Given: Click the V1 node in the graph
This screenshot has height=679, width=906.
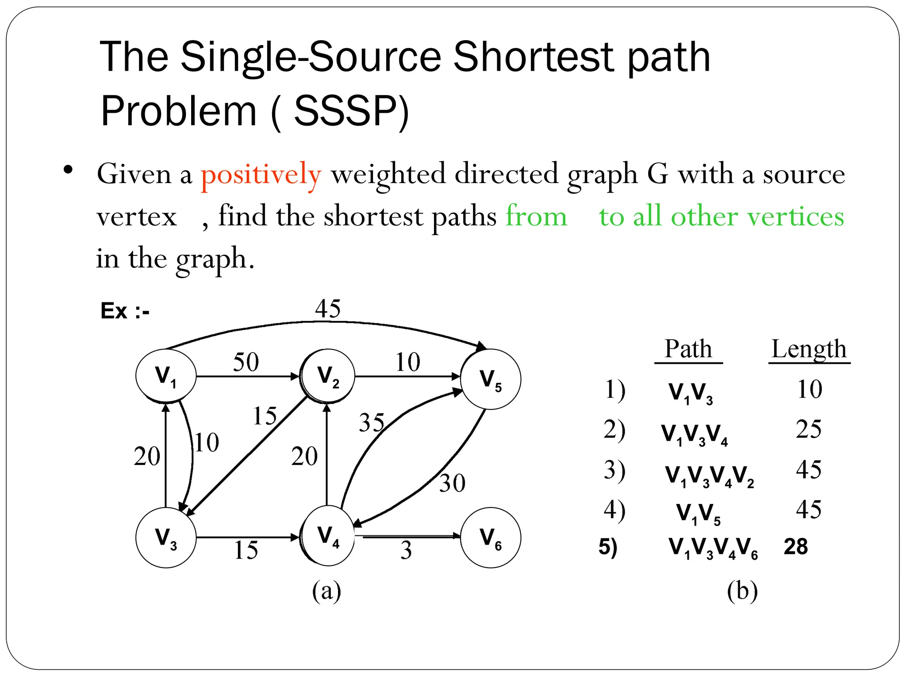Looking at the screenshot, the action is pyautogui.click(x=166, y=376).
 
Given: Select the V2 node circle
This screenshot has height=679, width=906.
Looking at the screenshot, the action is pyautogui.click(x=328, y=376).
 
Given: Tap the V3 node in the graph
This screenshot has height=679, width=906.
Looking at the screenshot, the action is pyautogui.click(x=166, y=537).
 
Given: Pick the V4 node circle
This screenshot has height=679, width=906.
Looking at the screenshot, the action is pyautogui.click(x=328, y=536).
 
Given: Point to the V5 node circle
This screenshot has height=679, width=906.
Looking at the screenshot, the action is pyautogui.click(x=490, y=379).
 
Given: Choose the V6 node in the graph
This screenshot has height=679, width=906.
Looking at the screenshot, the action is pyautogui.click(x=490, y=537).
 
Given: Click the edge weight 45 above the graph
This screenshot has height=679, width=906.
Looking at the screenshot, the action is pyautogui.click(x=328, y=308).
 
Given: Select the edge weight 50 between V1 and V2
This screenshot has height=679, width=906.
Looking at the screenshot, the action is pyautogui.click(x=246, y=362).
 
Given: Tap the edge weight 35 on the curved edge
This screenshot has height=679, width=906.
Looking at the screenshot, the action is pyautogui.click(x=372, y=423).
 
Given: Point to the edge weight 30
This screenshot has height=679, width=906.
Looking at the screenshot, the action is pyautogui.click(x=452, y=483).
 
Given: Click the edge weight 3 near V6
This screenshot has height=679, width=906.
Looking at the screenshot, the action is pyautogui.click(x=406, y=550).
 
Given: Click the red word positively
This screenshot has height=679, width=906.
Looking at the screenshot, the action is pyautogui.click(x=261, y=174).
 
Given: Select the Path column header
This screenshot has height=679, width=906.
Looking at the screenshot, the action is pyautogui.click(x=688, y=349).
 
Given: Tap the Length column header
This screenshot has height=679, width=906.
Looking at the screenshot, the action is pyautogui.click(x=809, y=349).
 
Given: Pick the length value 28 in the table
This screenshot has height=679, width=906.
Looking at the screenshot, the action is pyautogui.click(x=795, y=547).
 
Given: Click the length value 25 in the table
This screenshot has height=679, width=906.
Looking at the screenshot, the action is pyautogui.click(x=809, y=429).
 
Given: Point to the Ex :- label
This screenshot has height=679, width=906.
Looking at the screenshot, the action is pyautogui.click(x=125, y=311).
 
